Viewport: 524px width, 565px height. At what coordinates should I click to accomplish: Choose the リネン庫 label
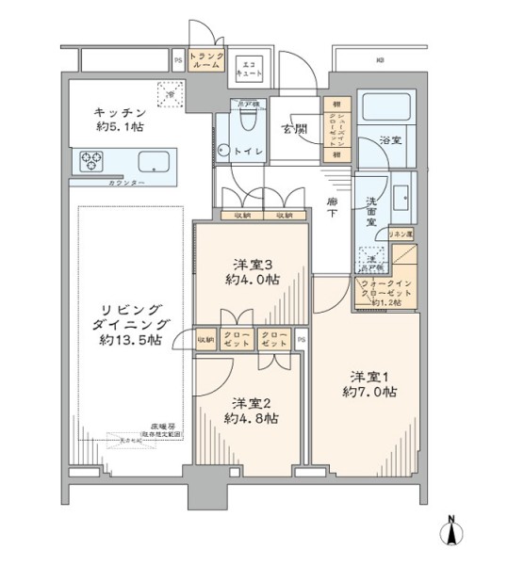tap(401, 232)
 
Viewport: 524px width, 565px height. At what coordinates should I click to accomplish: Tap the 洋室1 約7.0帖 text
tap(368, 382)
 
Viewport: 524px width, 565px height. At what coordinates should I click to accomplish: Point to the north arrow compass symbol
tap(454, 532)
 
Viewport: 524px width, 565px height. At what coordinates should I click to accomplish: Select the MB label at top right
tap(381, 60)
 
